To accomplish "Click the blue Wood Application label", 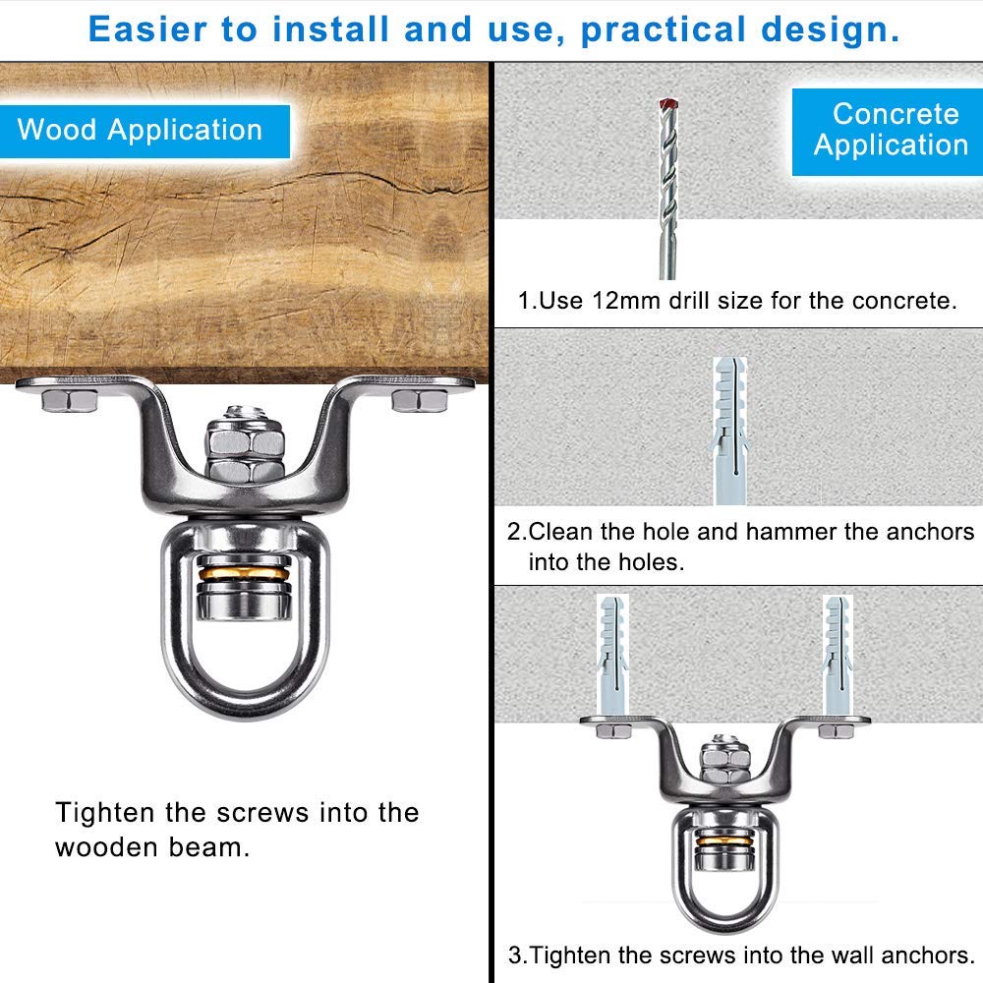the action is pos(145,131).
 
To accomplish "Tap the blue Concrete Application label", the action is pos(887,132).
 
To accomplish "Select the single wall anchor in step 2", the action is pos(729,431).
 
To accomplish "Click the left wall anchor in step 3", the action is pos(612,655).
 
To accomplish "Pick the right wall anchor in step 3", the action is pos(837,655).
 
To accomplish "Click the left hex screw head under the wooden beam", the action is pos(70,400).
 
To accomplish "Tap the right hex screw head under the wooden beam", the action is pos(420,400).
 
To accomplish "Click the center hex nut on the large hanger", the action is pos(245,449).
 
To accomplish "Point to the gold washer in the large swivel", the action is pos(244,573).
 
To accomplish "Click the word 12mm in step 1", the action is pos(626,301).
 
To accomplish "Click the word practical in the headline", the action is pos(664,30).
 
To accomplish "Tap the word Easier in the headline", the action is pos(148,29).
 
